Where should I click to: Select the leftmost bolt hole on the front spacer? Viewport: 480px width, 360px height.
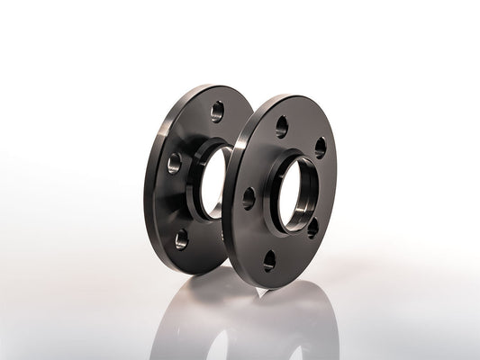click(248, 198)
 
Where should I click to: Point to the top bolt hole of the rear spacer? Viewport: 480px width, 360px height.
click(216, 112)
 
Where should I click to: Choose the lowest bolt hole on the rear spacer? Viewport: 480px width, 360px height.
click(182, 238)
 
